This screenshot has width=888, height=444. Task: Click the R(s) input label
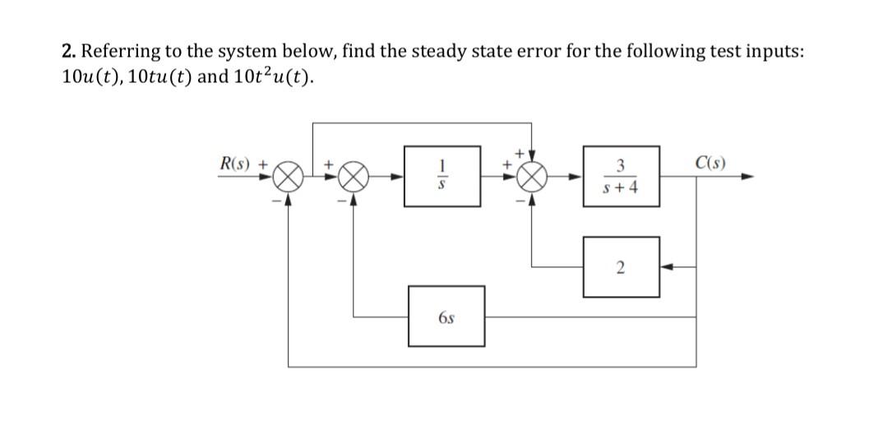[235, 162]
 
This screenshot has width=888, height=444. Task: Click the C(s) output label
[708, 161]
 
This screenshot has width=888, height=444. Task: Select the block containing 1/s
[442, 176]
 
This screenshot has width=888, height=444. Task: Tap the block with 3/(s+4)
[621, 176]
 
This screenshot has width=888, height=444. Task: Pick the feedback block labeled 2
[621, 266]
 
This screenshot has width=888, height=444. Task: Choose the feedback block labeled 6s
[446, 316]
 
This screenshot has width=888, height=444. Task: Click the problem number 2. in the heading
[69, 51]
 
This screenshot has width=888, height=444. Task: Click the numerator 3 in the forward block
[621, 164]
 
